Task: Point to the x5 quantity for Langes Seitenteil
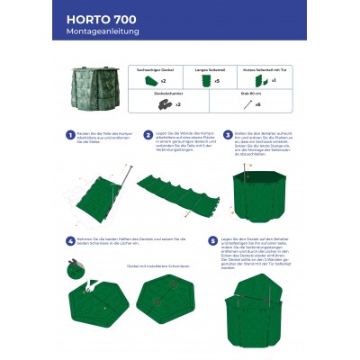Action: point(216,82)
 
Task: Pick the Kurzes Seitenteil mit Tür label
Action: point(264,69)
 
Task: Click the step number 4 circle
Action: point(70,241)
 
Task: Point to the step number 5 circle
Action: point(212,241)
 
